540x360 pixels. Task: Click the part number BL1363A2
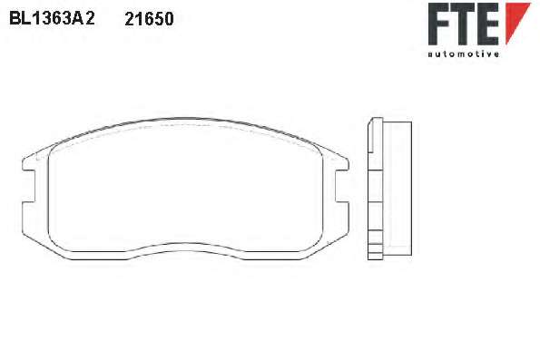52,18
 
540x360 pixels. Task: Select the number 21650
149,19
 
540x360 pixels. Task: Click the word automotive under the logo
464,54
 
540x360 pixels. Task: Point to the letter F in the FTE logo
438,24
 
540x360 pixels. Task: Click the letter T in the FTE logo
463,24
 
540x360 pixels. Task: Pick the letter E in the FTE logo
488,24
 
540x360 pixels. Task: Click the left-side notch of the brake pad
29,186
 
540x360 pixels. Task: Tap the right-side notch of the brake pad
342,186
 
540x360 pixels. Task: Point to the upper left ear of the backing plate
31,161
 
